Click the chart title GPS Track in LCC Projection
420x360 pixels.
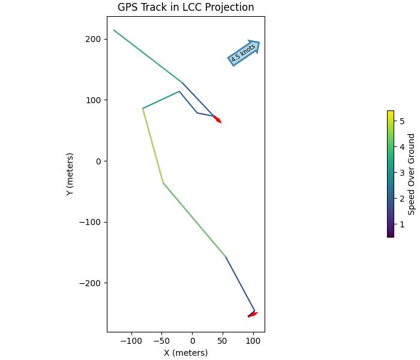(185, 7)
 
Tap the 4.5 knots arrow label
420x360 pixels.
(243, 53)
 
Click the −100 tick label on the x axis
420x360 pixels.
(130, 341)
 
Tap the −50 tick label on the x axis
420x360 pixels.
(161, 341)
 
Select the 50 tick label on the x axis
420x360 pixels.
(223, 341)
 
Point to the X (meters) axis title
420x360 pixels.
(185, 353)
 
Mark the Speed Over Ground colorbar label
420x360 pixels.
(412, 174)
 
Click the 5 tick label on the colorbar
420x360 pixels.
(402, 121)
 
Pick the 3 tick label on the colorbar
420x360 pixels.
(402, 173)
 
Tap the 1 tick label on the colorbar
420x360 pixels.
(402, 225)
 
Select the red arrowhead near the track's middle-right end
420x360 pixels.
(218, 119)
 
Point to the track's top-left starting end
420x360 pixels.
(114, 30)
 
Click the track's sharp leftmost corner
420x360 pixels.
(143, 109)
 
